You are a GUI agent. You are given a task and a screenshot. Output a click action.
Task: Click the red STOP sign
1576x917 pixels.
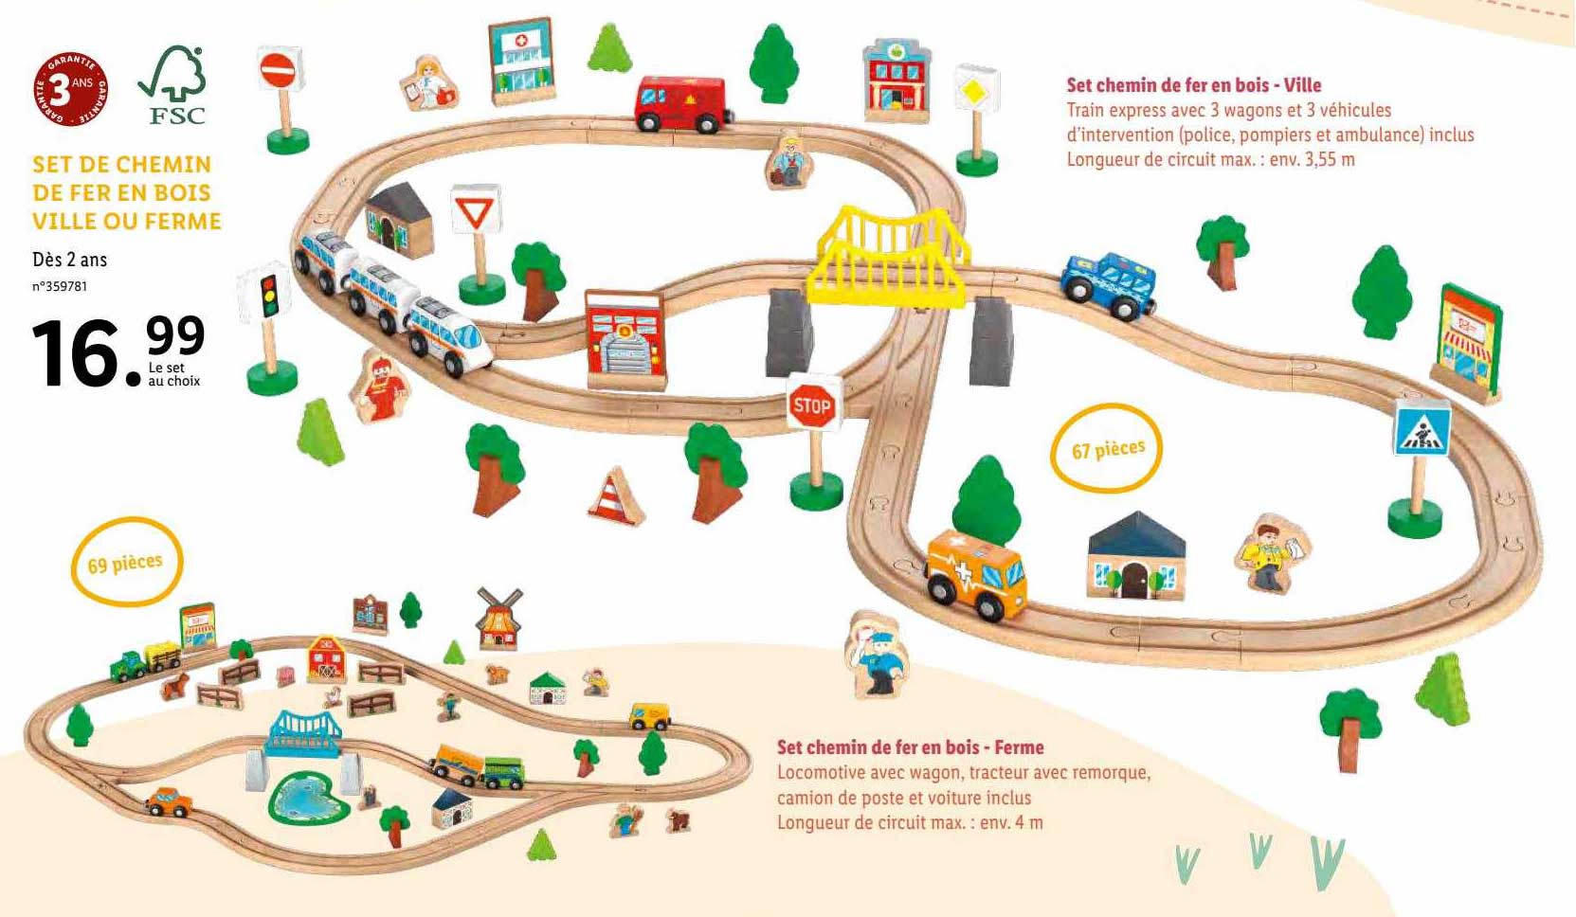[x=812, y=407]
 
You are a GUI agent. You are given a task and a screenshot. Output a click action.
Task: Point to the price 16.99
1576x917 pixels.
[x=118, y=351]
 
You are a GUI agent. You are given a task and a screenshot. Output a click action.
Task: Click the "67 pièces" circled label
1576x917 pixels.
[x=1107, y=448]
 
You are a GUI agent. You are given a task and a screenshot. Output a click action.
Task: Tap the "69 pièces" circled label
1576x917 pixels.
[x=126, y=563]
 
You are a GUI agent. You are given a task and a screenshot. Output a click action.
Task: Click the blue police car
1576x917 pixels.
[x=1110, y=283]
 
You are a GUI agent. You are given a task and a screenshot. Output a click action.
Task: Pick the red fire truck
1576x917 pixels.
[x=682, y=103]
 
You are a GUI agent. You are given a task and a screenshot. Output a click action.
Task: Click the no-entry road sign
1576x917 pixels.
[x=281, y=70]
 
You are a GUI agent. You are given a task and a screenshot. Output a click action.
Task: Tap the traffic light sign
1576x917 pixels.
[x=268, y=295]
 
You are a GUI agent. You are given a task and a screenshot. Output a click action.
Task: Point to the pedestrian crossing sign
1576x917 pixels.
[x=1422, y=429]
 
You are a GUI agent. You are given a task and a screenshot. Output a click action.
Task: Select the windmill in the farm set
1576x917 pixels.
[x=498, y=618]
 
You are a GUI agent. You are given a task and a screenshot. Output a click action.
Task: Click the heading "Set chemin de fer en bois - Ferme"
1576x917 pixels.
[x=910, y=746]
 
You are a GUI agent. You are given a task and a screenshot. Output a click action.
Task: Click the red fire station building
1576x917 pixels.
[x=625, y=339]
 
